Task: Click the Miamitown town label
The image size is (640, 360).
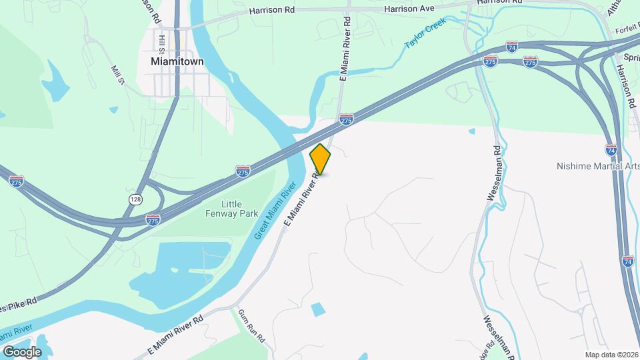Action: tap(173, 61)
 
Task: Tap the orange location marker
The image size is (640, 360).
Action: tap(320, 159)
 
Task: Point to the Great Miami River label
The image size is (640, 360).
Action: tap(275, 214)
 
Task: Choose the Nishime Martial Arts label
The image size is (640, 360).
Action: tap(597, 166)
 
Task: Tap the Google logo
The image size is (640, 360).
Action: tap(22, 351)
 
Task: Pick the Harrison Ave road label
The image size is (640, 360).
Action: tap(409, 9)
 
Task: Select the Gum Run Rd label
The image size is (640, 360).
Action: tap(251, 327)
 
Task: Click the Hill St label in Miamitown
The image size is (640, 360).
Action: tap(162, 43)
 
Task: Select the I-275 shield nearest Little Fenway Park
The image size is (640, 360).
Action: tap(153, 218)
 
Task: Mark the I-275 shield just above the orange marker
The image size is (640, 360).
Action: tap(346, 119)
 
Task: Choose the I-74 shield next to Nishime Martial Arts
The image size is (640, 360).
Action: tap(611, 149)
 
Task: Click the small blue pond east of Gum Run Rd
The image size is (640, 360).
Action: tap(319, 309)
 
